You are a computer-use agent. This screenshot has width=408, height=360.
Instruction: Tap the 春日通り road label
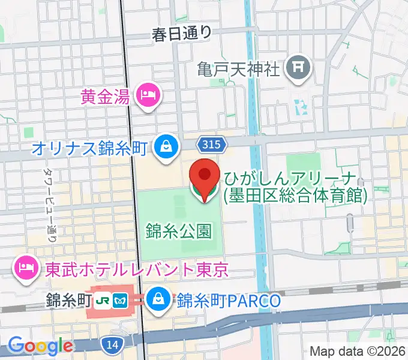182,34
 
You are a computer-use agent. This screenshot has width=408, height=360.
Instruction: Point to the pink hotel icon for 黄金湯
146,95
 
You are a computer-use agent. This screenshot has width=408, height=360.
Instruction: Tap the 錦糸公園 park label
178,229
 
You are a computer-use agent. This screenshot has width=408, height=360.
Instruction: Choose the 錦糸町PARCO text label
229,300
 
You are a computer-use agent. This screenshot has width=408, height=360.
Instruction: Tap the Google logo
40,346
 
